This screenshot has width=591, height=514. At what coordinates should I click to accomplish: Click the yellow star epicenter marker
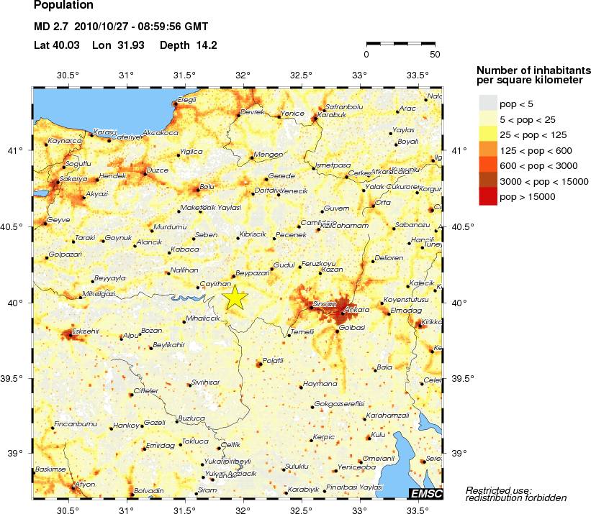[x=235, y=297]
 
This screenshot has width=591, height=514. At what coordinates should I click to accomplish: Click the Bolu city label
[x=207, y=186]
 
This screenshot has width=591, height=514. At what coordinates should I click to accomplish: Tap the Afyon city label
[x=86, y=484]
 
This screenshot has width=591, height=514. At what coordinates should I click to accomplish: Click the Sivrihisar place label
[x=205, y=383]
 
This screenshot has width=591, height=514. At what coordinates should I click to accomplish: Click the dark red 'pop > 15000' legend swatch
[x=488, y=197]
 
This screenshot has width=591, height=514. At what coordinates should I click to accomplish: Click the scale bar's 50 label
[x=434, y=54]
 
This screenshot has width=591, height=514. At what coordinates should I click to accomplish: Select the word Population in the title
[x=63, y=6]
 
